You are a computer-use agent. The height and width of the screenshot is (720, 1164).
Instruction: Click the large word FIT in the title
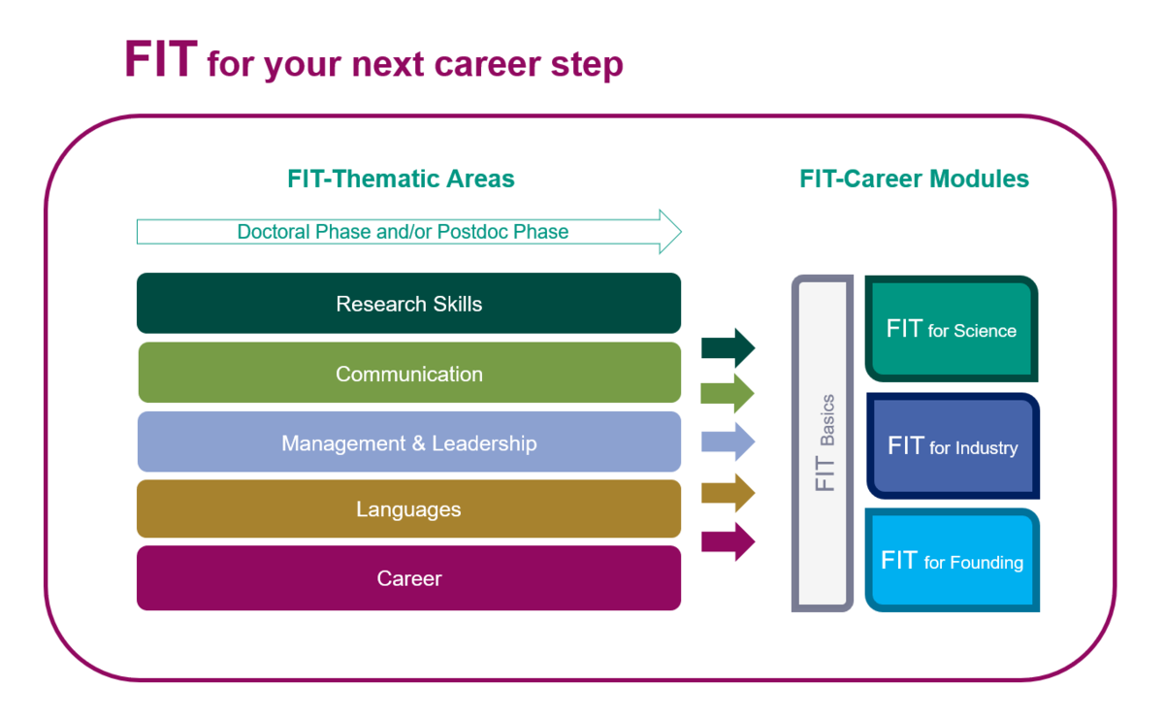[161, 59]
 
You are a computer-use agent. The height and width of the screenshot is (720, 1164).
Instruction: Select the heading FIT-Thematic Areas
[401, 179]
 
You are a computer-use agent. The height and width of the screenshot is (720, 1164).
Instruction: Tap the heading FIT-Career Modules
[914, 179]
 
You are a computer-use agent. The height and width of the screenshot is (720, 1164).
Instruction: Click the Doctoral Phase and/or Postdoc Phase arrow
[409, 232]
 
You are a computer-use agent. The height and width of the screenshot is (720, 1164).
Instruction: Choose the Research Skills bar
[409, 304]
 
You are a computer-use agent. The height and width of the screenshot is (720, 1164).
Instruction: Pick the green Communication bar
[409, 373]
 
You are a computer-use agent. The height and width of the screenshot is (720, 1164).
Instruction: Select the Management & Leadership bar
[409, 442]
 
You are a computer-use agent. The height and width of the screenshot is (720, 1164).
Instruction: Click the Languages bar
[409, 508]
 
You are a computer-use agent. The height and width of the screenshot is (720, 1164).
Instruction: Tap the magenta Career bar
[409, 578]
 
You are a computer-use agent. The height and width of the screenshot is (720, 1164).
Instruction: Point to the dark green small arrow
[728, 347]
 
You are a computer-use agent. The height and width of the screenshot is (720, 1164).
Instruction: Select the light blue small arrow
[728, 442]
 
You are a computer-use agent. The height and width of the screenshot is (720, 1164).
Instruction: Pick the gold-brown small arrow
[728, 492]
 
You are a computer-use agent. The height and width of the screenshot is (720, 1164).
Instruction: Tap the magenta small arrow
[728, 541]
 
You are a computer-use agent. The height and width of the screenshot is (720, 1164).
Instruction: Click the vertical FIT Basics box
[823, 443]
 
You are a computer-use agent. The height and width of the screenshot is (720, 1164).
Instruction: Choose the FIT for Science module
[952, 329]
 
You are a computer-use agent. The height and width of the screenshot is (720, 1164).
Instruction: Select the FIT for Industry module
[953, 446]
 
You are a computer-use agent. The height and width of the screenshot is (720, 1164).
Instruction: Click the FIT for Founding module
[953, 561]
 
